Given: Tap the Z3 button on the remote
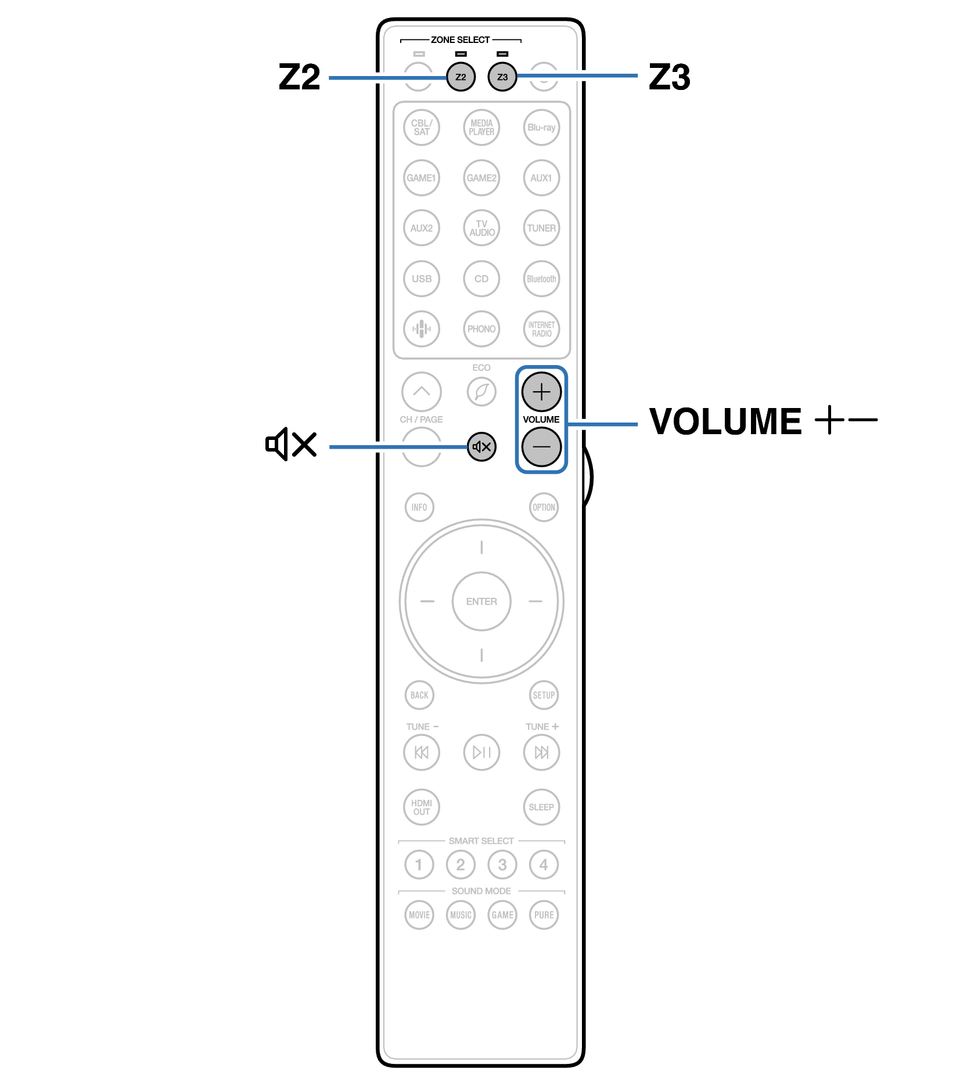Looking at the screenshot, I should pyautogui.click(x=502, y=77).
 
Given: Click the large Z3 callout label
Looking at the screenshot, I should pyautogui.click(x=669, y=77).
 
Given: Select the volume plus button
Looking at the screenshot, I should pyautogui.click(x=541, y=392).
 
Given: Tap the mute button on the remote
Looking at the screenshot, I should pyautogui.click(x=481, y=447).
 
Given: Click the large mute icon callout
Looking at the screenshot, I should pyautogui.click(x=290, y=445).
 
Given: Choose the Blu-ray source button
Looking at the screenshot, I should pyautogui.click(x=541, y=128).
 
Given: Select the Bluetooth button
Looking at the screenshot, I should pyautogui.click(x=541, y=279).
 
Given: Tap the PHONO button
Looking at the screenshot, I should pyautogui.click(x=481, y=329).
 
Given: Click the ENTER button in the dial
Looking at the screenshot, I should pyautogui.click(x=481, y=601).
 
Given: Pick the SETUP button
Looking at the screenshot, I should pyautogui.click(x=544, y=695).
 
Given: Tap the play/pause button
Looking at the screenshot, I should pyautogui.click(x=481, y=752).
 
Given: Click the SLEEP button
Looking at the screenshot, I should pyautogui.click(x=541, y=807).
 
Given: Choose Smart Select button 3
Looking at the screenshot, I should pyautogui.click(x=502, y=865).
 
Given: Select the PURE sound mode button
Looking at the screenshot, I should pyautogui.click(x=544, y=915).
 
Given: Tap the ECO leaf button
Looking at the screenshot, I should pyautogui.click(x=481, y=392).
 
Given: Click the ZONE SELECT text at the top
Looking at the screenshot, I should pyautogui.click(x=460, y=40).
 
